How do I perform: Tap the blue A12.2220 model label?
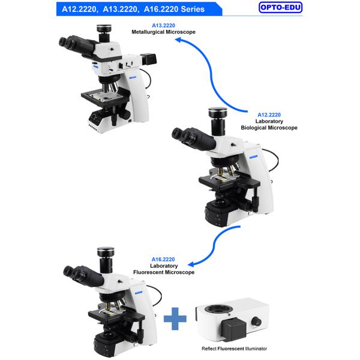(x=269, y=114)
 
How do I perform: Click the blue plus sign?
(x=175, y=317)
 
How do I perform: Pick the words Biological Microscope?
(x=269, y=127)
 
